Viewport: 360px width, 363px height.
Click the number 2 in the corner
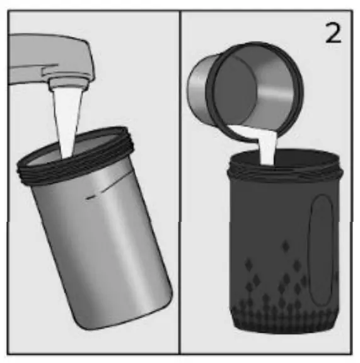(x=334, y=32)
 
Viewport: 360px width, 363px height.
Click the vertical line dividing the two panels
(x=180, y=189)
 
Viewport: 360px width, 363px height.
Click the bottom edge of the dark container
(x=284, y=330)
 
